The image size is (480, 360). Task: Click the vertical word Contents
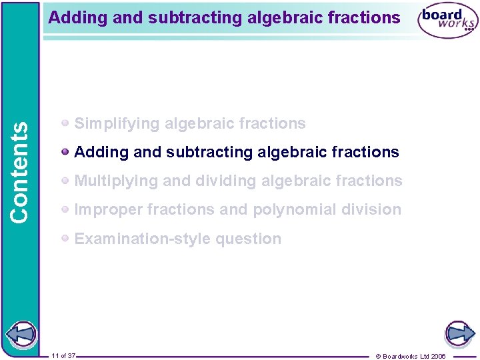[x=19, y=173]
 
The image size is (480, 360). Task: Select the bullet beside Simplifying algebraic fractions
[x=65, y=123]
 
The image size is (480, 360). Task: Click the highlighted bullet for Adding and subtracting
[x=65, y=152]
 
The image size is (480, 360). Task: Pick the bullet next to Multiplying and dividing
[x=65, y=181]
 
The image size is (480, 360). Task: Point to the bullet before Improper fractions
[x=65, y=209]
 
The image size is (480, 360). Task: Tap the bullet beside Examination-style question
[x=65, y=238]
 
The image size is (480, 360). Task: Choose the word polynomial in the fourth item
[x=293, y=209]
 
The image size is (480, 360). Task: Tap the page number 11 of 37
[x=63, y=355]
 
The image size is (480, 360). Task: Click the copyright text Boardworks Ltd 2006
[x=411, y=356]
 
